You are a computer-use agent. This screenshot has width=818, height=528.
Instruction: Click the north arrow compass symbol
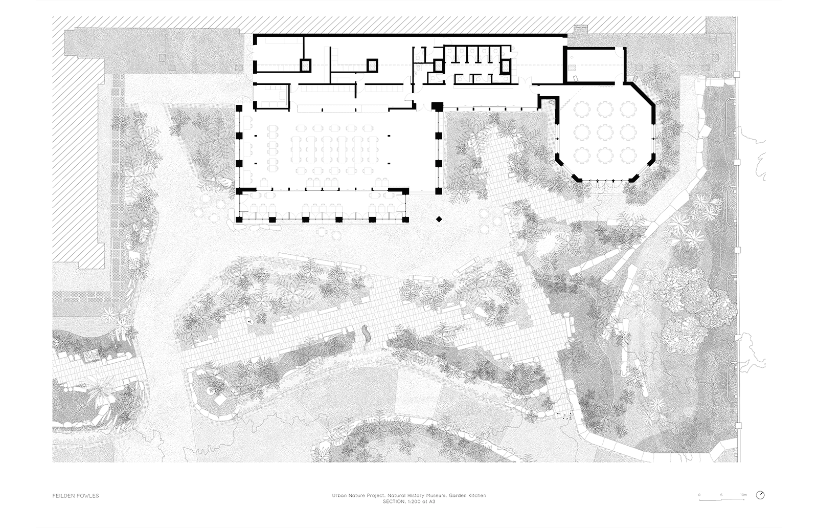point(760,495)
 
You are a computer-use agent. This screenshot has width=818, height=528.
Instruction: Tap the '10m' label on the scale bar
point(743,495)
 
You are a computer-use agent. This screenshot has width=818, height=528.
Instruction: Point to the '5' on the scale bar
point(721,495)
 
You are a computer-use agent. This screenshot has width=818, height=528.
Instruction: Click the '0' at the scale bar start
point(699,495)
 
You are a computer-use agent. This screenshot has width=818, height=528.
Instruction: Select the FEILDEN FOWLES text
point(76,496)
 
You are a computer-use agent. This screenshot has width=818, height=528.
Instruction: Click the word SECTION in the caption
point(394,502)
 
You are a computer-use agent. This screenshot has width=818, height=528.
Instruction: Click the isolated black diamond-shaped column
point(439,219)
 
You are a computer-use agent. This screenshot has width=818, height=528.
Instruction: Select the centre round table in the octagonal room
point(604,133)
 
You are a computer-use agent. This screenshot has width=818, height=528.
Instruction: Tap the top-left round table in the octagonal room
point(581,109)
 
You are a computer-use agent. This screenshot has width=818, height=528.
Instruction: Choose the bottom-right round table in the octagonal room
point(628,156)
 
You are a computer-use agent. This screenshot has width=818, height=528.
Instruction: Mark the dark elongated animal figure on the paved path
point(366,333)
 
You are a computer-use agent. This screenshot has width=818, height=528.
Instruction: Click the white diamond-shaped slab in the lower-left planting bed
point(219,400)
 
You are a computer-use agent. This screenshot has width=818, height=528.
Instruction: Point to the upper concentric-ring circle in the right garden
point(687,254)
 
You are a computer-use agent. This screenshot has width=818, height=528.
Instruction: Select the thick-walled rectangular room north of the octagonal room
point(595,66)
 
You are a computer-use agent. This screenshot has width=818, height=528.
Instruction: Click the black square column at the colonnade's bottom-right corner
point(405,219)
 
